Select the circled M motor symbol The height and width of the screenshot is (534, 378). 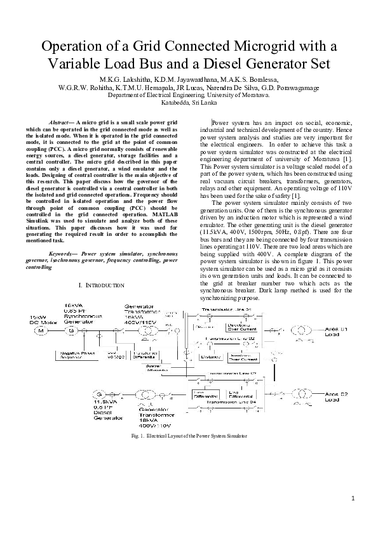[41, 330]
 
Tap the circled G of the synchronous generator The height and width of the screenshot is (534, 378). [71, 330]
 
